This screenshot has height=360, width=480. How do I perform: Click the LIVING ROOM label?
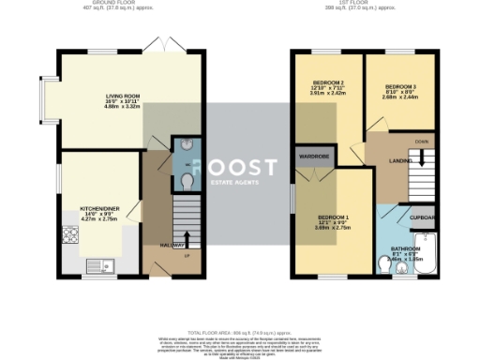pyautogui.click(x=122, y=95)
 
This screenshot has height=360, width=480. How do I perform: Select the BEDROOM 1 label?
pyautogui.click(x=331, y=217)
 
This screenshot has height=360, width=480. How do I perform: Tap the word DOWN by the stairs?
pyautogui.click(x=422, y=142)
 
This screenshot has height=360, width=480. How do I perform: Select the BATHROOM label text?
pyautogui.click(x=405, y=248)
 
